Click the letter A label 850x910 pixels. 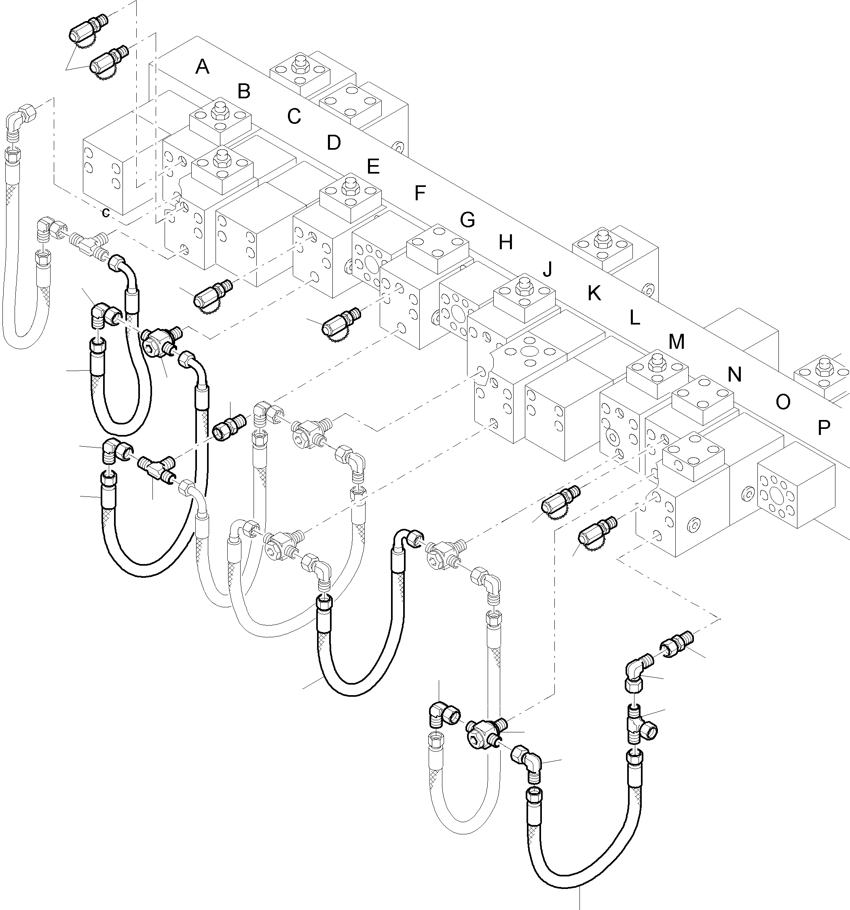click(202, 67)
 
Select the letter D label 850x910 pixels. click(334, 143)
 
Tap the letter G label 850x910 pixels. click(467, 220)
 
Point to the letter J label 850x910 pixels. click(548, 269)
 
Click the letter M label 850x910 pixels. click(676, 342)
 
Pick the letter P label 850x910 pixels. click(823, 428)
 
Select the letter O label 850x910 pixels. click(783, 402)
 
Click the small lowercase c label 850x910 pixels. click(106, 213)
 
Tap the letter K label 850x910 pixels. click(594, 293)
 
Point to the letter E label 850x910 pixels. click(373, 166)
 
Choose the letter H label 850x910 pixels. click(505, 243)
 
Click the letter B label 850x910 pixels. click(244, 91)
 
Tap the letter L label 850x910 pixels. click(634, 318)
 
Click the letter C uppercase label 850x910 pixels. click(294, 116)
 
